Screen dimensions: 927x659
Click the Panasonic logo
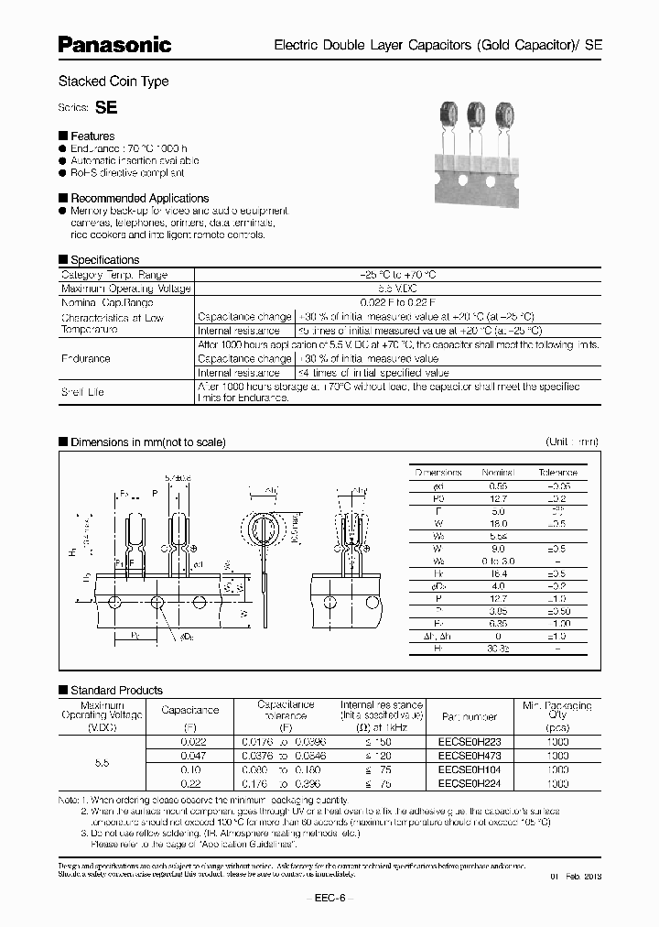click(x=114, y=43)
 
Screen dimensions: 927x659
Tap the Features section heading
click(x=92, y=136)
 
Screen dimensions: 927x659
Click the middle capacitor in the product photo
click(x=476, y=115)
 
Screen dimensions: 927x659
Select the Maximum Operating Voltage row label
click(x=125, y=289)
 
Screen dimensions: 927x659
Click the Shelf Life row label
click(x=82, y=392)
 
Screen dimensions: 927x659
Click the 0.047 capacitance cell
click(x=189, y=756)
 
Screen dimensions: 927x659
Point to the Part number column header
click(x=469, y=716)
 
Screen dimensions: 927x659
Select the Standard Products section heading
click(x=116, y=690)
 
